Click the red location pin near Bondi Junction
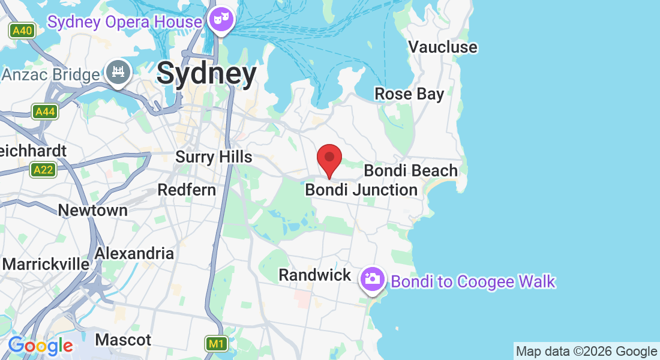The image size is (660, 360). [x=329, y=158]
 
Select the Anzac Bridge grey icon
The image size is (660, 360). [x=118, y=72]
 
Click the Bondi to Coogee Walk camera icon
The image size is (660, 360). [x=371, y=278]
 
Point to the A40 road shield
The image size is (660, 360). [x=22, y=31]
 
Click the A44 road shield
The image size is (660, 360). [x=45, y=112]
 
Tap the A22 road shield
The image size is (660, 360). [x=43, y=170]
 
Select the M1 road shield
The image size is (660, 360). [x=217, y=344]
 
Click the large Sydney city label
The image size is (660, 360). [x=206, y=74]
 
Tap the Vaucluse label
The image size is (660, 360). [x=443, y=47]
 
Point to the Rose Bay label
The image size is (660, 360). [x=409, y=94]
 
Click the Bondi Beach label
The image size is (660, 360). [x=410, y=170]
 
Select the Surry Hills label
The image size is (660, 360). [x=214, y=157]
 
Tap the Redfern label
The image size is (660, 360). [x=187, y=190]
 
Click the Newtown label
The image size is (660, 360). [x=93, y=210]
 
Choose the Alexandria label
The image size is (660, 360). [x=134, y=253]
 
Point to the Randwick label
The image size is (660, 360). [x=315, y=275]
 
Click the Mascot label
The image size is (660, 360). [x=124, y=340]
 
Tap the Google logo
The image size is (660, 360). [x=40, y=346]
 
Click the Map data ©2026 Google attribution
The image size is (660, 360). [x=586, y=352]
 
